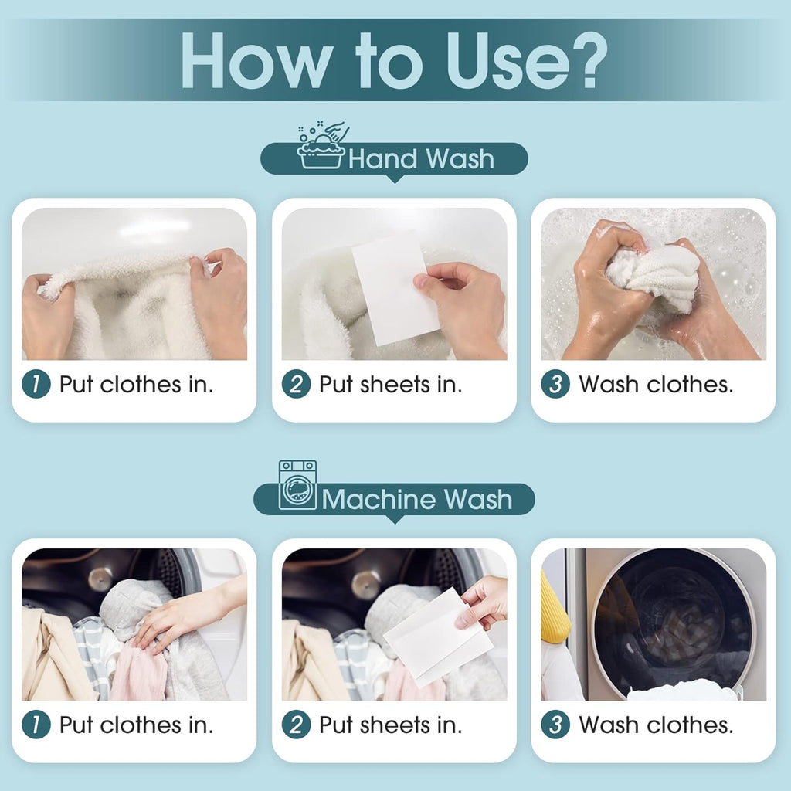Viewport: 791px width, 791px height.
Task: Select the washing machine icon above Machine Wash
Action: [x=297, y=485]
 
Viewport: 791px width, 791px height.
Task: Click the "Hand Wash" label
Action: [x=421, y=159]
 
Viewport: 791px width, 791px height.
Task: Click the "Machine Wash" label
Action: [x=417, y=499]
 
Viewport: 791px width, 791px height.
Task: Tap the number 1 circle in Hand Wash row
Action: [x=36, y=384]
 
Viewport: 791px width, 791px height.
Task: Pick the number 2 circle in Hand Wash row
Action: [x=296, y=384]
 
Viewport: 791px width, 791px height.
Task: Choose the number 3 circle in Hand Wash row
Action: [x=555, y=384]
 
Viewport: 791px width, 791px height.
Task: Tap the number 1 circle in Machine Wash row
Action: [x=36, y=725]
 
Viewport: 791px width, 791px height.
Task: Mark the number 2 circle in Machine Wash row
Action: [x=296, y=725]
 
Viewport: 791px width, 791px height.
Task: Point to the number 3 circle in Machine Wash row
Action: [x=555, y=725]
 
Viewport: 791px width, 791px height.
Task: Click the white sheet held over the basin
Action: [x=392, y=290]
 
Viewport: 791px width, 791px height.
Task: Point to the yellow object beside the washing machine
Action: [x=555, y=610]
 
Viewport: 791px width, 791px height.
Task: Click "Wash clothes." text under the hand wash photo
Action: [x=656, y=384]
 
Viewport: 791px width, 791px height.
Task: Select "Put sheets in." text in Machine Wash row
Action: [x=390, y=725]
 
